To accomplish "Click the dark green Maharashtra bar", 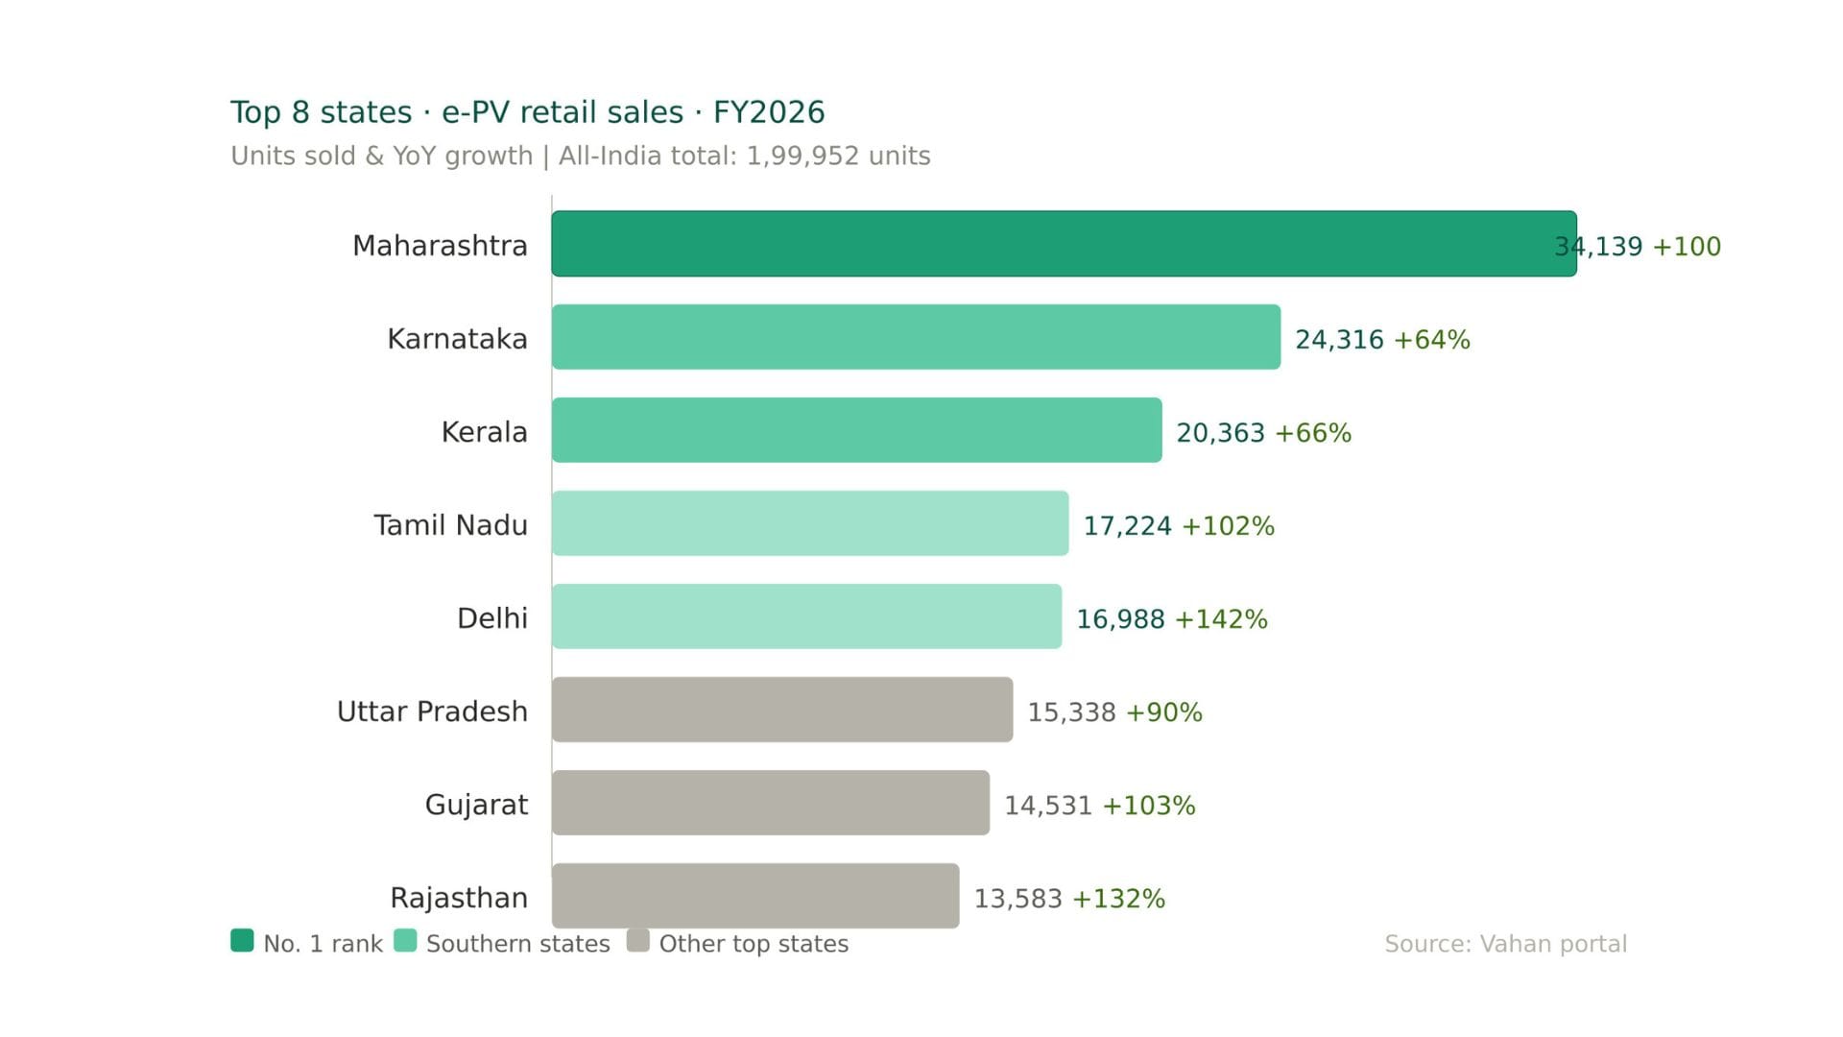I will point(1064,244).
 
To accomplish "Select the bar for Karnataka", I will point(916,337).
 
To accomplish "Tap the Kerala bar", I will point(856,430).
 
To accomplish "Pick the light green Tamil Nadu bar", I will point(810,523).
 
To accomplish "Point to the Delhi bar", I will point(806,616).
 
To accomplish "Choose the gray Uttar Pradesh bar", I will point(782,710).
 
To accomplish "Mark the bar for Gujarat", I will point(771,803).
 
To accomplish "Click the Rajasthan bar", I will point(755,896).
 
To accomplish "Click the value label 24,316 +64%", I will point(1382,339).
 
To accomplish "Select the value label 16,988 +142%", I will point(1171,618).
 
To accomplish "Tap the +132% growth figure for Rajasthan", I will point(1118,899).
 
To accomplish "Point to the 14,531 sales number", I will point(1048,806).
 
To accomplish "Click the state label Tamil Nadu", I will point(450,525).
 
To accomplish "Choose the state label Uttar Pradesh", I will point(432,711).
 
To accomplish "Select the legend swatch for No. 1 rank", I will point(243,940).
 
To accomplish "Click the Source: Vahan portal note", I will point(1505,944).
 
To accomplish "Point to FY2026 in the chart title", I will point(769,112).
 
